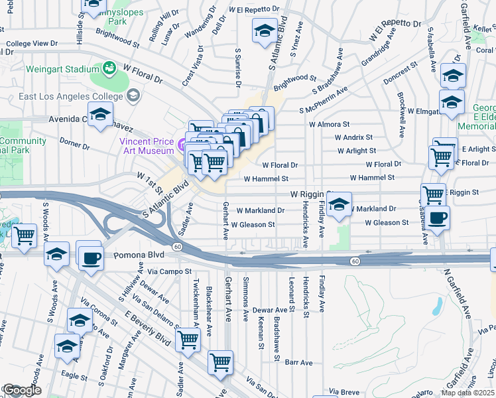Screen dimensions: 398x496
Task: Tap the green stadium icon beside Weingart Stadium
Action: [108, 68]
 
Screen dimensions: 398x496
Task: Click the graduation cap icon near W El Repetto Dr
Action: [265, 31]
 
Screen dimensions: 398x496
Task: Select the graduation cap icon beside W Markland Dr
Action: [339, 204]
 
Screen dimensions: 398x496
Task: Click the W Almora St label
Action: [329, 124]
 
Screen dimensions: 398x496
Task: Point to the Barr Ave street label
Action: [298, 363]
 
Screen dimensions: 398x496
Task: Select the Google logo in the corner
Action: [21, 390]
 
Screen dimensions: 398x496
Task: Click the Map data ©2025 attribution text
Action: [467, 393]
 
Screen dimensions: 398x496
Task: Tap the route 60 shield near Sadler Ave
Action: [177, 247]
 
